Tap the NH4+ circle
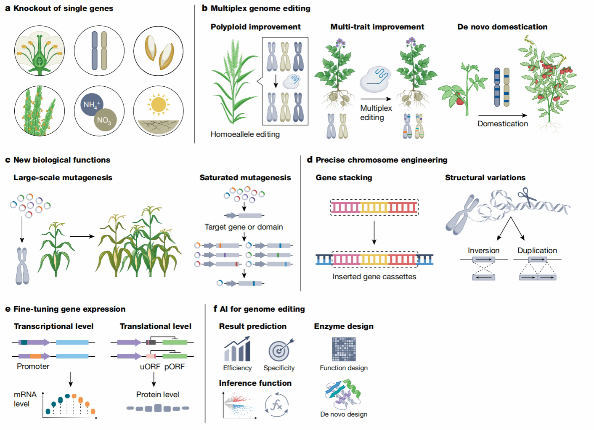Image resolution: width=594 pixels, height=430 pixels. click(x=91, y=105)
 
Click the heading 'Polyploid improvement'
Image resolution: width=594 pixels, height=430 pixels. click(x=255, y=27)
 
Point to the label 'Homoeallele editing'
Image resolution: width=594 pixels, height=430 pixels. click(x=245, y=134)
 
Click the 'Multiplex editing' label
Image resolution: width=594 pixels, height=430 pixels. click(x=376, y=113)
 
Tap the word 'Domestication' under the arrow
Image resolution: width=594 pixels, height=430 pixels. click(x=503, y=124)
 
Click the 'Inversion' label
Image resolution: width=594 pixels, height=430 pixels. click(x=483, y=251)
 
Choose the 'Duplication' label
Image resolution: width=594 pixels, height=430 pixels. click(x=537, y=251)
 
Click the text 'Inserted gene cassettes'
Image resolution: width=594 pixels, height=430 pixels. click(x=374, y=277)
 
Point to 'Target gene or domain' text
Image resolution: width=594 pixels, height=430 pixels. click(x=244, y=227)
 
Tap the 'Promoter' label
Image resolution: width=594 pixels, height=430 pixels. click(x=33, y=366)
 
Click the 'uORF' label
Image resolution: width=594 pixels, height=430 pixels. click(x=150, y=367)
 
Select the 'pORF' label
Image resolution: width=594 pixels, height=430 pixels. click(x=175, y=367)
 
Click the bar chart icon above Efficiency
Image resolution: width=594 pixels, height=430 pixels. click(x=237, y=350)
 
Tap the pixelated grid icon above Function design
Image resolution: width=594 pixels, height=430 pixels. click(x=344, y=350)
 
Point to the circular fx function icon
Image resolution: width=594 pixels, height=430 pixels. click(x=276, y=405)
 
